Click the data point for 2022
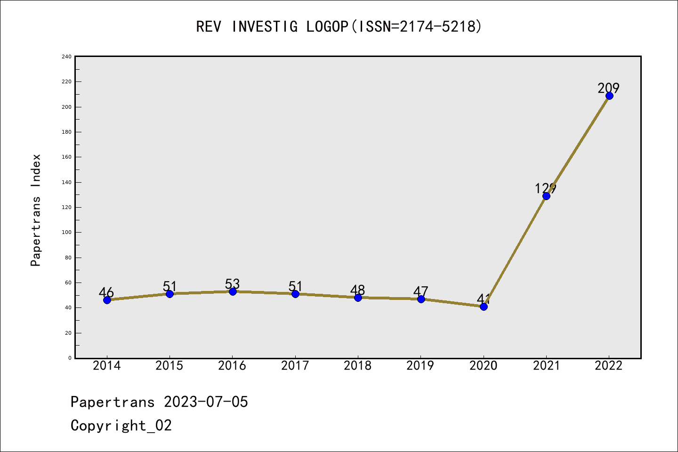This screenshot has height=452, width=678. pyautogui.click(x=609, y=96)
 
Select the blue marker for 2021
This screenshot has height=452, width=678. pyautogui.click(x=546, y=196)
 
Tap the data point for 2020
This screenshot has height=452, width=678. pyautogui.click(x=484, y=307)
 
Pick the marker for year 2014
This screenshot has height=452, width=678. pyautogui.click(x=107, y=300)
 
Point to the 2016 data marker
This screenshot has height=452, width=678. pyautogui.click(x=233, y=291)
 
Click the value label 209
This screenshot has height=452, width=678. pyautogui.click(x=609, y=88)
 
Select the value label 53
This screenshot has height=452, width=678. pyautogui.click(x=232, y=284)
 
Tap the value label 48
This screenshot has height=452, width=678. pyautogui.click(x=357, y=290)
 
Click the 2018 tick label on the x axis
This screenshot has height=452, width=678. pyautogui.click(x=357, y=365)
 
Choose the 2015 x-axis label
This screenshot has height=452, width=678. pyautogui.click(x=169, y=365)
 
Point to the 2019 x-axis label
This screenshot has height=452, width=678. pyautogui.click(x=420, y=365)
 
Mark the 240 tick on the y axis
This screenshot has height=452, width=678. pyautogui.click(x=66, y=56)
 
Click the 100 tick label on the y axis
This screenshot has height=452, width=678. pyautogui.click(x=66, y=232)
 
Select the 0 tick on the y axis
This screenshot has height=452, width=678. pyautogui.click(x=70, y=358)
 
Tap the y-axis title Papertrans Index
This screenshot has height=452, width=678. pyautogui.click(x=36, y=210)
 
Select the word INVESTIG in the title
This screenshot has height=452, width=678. pyautogui.click(x=264, y=26)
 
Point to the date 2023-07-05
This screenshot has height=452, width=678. pyautogui.click(x=206, y=402)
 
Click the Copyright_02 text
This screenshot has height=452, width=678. pyautogui.click(x=121, y=425)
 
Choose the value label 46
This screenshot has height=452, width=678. pyautogui.click(x=106, y=292)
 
